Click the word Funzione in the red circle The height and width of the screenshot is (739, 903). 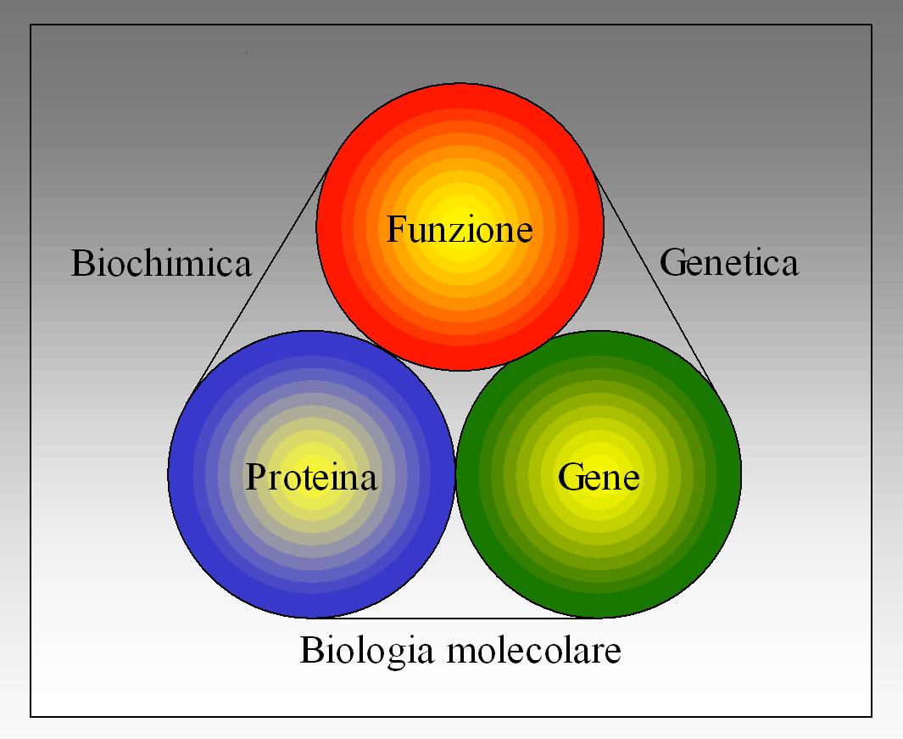(x=460, y=229)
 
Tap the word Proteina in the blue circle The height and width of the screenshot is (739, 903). (x=311, y=477)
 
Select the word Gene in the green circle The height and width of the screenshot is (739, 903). (x=599, y=477)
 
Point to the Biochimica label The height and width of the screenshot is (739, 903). (x=161, y=263)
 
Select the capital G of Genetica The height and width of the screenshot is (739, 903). (x=671, y=262)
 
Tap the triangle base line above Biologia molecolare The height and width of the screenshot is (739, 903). (x=458, y=618)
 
